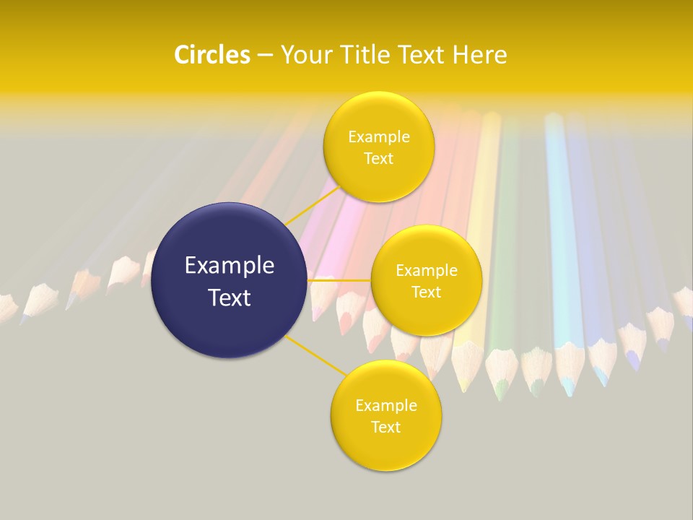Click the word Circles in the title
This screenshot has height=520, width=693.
pyautogui.click(x=212, y=54)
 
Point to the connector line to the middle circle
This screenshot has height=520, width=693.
pyautogui.click(x=339, y=280)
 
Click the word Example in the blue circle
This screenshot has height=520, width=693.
pyautogui.click(x=230, y=266)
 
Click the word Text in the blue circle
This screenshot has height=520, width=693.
pyautogui.click(x=230, y=298)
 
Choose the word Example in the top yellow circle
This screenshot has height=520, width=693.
pyautogui.click(x=378, y=136)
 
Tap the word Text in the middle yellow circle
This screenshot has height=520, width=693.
pyautogui.click(x=427, y=292)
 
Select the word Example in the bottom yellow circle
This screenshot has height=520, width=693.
pyautogui.click(x=385, y=405)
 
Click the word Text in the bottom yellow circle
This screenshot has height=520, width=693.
pyautogui.click(x=385, y=427)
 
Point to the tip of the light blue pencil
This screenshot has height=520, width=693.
pyautogui.click(x=569, y=391)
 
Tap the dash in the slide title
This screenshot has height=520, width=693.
pyautogui.click(x=265, y=55)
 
